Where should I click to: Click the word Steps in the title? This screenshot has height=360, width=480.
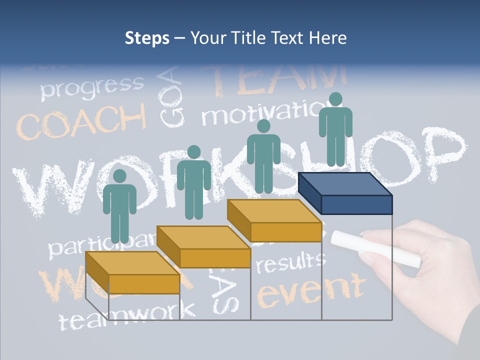[146, 38]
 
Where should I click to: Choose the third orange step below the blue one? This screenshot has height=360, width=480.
[274, 220]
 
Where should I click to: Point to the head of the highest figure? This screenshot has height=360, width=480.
[335, 99]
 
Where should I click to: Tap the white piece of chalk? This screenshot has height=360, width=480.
[375, 247]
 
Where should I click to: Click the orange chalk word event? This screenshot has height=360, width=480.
[310, 290]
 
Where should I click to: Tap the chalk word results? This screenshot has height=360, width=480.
[290, 262]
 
